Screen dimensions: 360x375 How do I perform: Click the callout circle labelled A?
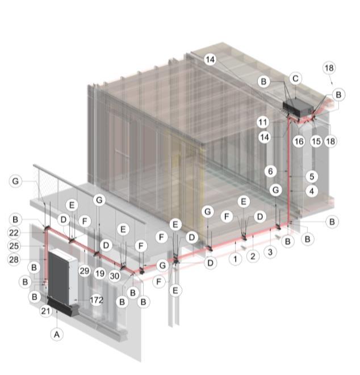(x=57, y=334)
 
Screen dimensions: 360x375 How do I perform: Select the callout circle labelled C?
(x=295, y=78)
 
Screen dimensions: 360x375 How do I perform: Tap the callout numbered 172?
(x=97, y=300)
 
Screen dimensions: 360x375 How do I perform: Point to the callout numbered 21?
(x=45, y=311)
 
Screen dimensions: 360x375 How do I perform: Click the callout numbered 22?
(x=14, y=233)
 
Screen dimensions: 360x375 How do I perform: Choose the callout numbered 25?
(x=14, y=246)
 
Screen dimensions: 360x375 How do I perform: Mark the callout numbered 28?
(x=14, y=259)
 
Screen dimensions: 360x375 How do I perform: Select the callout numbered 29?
(x=84, y=271)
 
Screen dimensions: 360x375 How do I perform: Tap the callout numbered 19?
(x=100, y=273)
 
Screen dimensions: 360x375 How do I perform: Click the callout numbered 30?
(x=114, y=276)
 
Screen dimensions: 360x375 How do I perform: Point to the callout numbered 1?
(x=235, y=259)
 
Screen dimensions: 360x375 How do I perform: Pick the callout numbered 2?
(x=253, y=256)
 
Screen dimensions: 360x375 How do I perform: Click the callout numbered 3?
(x=270, y=252)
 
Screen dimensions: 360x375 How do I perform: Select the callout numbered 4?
(x=312, y=191)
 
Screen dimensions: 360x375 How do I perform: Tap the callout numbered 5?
(x=312, y=176)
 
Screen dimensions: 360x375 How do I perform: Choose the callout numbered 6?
(x=270, y=171)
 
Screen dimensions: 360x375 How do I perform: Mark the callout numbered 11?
(x=263, y=122)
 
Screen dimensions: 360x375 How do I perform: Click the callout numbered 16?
(x=299, y=141)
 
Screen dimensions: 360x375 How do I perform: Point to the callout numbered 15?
(x=316, y=141)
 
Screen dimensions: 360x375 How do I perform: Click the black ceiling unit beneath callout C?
(x=298, y=108)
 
